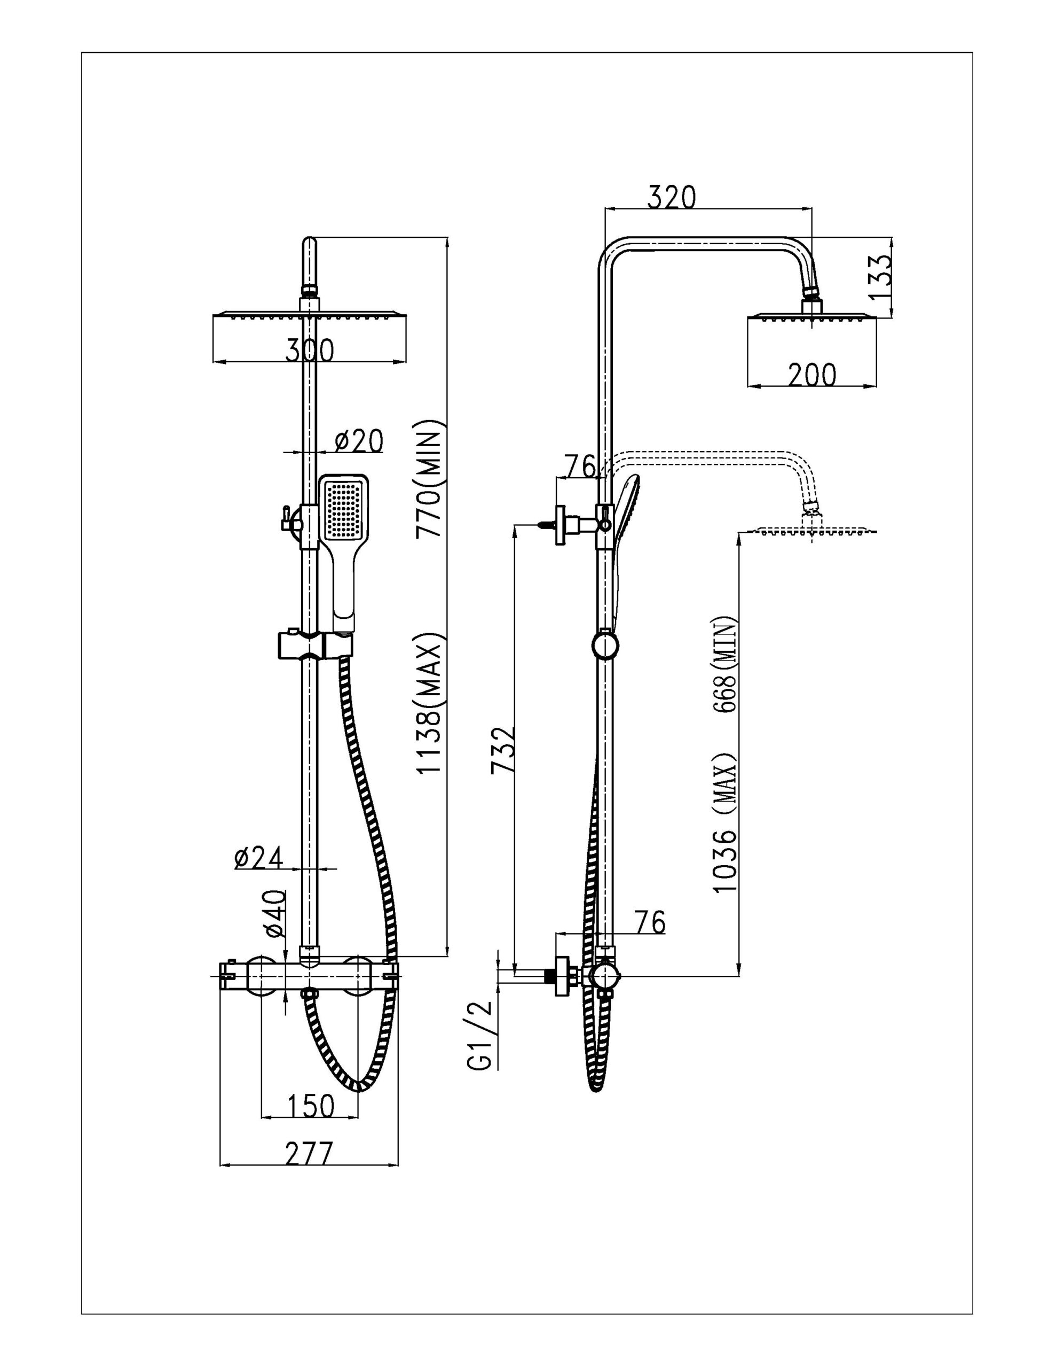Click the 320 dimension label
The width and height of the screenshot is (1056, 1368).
(x=671, y=197)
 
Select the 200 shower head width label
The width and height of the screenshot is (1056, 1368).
(x=812, y=375)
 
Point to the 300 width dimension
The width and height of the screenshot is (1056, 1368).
(x=309, y=350)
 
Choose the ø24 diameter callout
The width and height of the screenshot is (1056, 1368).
(x=258, y=858)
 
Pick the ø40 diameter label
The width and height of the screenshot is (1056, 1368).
(x=275, y=914)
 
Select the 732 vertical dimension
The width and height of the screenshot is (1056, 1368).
(x=503, y=750)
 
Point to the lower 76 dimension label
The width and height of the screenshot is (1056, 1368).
(x=649, y=923)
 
